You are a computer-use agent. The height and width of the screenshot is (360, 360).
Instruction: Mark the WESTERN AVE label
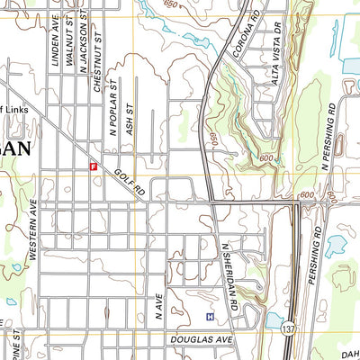tap(32, 229)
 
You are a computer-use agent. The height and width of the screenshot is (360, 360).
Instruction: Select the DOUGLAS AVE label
tap(200, 340)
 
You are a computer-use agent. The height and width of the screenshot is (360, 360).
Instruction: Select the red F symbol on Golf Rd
tap(93, 166)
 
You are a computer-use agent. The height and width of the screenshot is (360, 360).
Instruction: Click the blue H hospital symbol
tap(210, 317)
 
